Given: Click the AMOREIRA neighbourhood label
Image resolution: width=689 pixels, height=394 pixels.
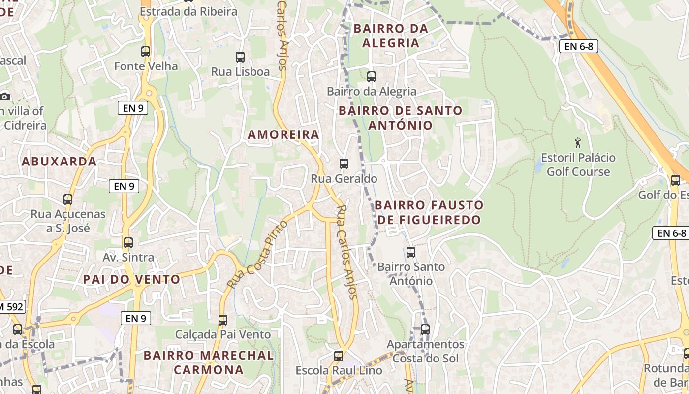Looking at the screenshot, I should coord(283,134).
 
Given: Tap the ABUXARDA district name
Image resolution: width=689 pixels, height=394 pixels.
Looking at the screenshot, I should coord(59,161).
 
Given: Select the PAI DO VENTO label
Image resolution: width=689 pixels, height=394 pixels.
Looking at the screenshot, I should coord(131,279).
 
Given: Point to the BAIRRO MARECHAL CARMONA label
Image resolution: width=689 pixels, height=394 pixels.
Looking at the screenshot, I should coord(209,362).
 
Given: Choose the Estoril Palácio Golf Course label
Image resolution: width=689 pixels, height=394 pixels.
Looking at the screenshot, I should coord(578,164).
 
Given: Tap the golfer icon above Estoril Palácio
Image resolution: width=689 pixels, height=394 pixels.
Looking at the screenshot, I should coord(578,143).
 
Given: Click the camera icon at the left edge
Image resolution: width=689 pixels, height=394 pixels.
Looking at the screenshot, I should coord(4,97).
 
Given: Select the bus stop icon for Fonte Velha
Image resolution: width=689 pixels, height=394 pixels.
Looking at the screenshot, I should coord(146,51).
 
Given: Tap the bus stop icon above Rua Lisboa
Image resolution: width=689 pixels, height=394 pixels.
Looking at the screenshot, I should coord(240,57).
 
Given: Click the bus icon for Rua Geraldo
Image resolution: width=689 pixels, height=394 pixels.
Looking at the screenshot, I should coord(344,164).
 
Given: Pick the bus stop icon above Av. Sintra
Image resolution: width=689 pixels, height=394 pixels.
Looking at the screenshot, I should coord(128,243).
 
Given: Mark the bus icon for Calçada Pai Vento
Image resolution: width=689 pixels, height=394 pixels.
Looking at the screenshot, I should coord(223,320).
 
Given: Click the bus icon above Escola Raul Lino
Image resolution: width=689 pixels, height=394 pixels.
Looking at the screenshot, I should coord(339,356).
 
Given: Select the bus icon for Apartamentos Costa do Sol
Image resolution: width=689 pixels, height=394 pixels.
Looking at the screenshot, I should coord(425,329).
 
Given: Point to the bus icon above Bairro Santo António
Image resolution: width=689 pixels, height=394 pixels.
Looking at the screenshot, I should coord(411,252).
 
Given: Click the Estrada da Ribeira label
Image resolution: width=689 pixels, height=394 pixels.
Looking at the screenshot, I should coord(188,11).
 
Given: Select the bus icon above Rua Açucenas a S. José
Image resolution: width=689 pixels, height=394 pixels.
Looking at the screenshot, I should coord(68,199).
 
